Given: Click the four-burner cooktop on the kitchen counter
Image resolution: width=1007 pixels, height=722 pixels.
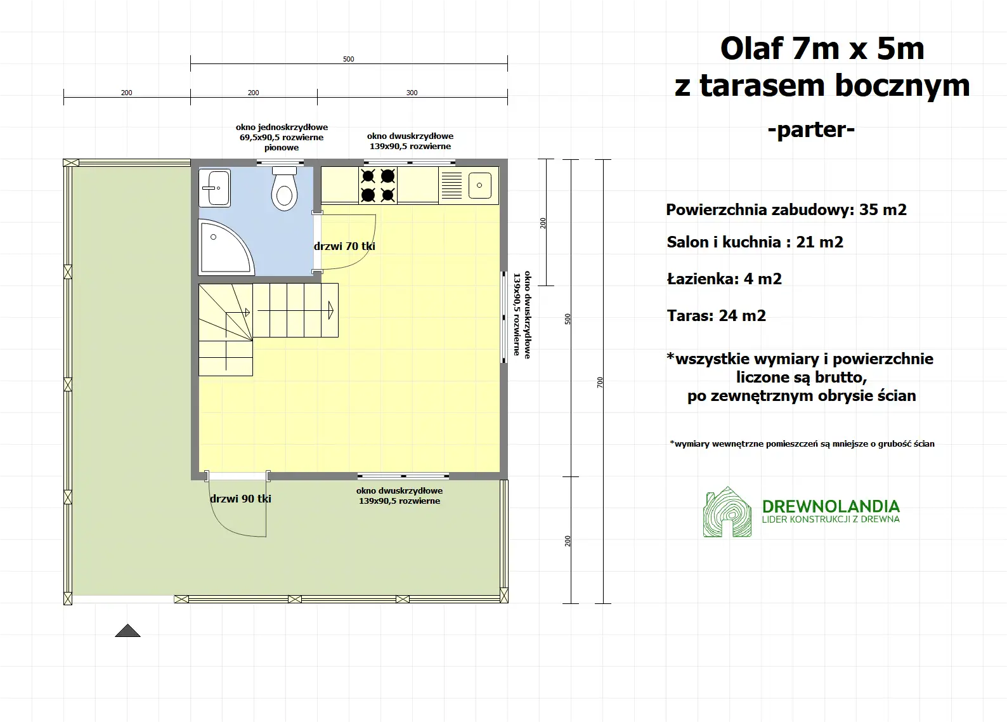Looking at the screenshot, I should [x=378, y=185].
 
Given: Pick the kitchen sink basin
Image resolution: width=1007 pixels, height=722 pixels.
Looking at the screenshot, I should [x=479, y=185].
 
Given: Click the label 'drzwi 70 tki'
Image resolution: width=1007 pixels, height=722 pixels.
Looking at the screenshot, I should [x=344, y=246].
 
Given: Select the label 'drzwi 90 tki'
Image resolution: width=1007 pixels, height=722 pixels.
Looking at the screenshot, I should [x=240, y=499].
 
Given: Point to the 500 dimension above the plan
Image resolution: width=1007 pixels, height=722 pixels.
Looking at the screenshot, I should [x=349, y=59].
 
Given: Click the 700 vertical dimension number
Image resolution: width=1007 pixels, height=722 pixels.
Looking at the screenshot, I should [x=600, y=382].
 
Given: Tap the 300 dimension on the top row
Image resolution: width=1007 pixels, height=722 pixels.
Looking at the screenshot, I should [x=412, y=93].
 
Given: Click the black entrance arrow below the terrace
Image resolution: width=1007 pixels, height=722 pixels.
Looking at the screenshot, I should [x=127, y=630].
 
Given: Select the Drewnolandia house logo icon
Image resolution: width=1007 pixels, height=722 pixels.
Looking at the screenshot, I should [x=727, y=513].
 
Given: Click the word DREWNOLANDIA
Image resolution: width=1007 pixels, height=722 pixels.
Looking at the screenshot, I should [x=831, y=506].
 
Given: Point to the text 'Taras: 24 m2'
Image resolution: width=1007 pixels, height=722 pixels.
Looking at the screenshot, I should [x=716, y=316].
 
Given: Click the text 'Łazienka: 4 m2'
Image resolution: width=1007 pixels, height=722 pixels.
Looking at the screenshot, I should [x=724, y=279].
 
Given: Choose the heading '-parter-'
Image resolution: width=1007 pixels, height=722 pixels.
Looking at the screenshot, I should [x=811, y=129].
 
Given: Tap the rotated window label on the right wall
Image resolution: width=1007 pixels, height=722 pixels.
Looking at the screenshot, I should [x=522, y=315].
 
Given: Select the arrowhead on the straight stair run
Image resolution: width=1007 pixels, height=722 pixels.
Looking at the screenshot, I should [x=331, y=310].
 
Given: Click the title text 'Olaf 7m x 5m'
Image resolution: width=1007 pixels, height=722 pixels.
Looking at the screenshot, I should [x=822, y=49].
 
